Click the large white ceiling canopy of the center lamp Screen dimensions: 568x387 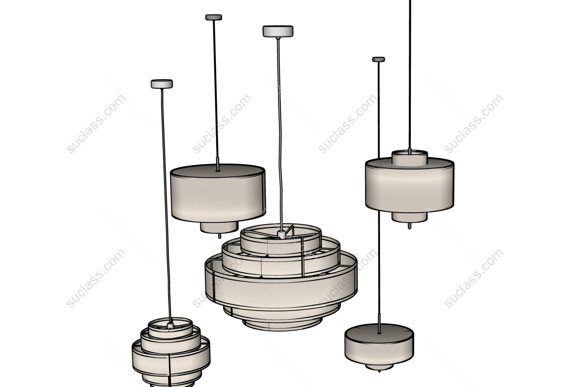pos(278,31)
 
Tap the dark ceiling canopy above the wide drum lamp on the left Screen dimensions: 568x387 pos(213,17)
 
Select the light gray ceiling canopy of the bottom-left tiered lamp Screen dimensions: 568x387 pos(162,84)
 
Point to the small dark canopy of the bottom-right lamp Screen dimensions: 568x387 pos(378,59)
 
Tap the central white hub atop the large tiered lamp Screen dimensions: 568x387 pos(281,234)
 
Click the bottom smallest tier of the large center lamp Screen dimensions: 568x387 pos(281,325)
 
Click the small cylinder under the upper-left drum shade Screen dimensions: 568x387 pos(219,227)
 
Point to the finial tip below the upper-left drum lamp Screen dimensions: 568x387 pos(220,236)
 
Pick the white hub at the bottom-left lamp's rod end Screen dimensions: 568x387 pos(170,325)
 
